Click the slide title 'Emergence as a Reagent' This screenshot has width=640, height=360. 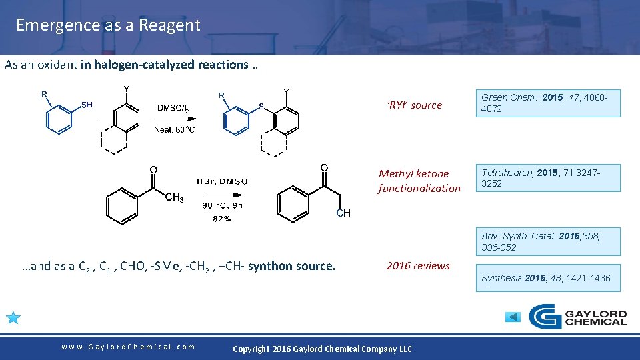pyautogui.click(x=108, y=25)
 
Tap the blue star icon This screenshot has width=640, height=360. pyautogui.click(x=13, y=317)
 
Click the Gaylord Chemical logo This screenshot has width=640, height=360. pyautogui.click(x=577, y=317)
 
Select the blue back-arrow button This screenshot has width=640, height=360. pyautogui.click(x=513, y=317)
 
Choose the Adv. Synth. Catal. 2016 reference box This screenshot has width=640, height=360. pyautogui.click(x=550, y=241)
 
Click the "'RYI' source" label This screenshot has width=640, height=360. pyautogui.click(x=415, y=105)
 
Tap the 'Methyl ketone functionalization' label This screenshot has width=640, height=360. pyautogui.click(x=419, y=181)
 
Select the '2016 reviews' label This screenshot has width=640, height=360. pyautogui.click(x=418, y=265)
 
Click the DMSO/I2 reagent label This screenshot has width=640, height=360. pyautogui.click(x=176, y=108)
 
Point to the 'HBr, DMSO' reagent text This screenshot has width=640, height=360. pyautogui.click(x=222, y=181)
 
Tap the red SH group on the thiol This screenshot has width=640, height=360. pyautogui.click(x=87, y=105)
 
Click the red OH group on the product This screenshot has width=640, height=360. pyautogui.click(x=343, y=213)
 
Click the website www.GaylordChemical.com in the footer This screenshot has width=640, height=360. pyautogui.click(x=128, y=347)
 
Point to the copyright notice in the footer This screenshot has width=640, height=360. pyautogui.click(x=322, y=349)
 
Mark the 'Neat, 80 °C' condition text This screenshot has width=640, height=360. pyautogui.click(x=175, y=130)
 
